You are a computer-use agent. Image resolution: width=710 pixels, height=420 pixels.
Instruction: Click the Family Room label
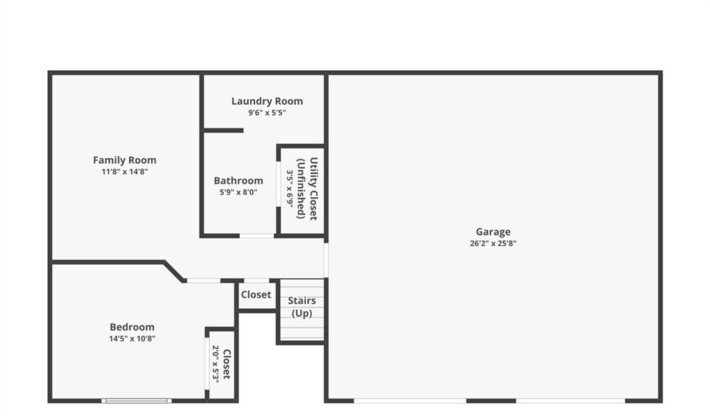(x=125, y=160)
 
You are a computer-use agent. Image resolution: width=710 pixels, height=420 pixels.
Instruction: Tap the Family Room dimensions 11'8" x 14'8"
(x=125, y=172)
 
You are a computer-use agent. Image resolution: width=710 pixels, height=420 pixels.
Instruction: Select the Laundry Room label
(x=267, y=101)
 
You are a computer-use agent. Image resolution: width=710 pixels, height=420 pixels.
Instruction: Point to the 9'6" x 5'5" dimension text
(x=267, y=113)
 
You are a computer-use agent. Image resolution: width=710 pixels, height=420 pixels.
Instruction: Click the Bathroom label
(x=239, y=180)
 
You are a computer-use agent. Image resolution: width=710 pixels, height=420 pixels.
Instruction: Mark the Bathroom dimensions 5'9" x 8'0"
(x=239, y=192)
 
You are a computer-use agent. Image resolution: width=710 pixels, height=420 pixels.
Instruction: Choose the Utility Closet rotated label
(x=313, y=189)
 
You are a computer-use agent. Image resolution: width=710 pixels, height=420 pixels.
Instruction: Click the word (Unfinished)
(x=301, y=189)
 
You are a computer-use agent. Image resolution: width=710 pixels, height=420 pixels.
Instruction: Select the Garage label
(x=493, y=232)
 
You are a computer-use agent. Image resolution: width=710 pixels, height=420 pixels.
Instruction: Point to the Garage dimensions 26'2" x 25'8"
(x=493, y=243)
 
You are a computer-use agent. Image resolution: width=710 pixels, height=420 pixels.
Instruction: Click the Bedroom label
(x=132, y=327)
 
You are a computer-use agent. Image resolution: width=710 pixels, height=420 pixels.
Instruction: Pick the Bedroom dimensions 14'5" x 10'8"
(x=132, y=339)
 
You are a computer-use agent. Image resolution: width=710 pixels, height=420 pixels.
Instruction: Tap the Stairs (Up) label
(x=302, y=307)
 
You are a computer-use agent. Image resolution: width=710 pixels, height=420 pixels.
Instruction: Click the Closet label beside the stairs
(x=256, y=295)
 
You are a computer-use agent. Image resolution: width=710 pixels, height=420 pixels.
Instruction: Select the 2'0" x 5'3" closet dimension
(x=216, y=364)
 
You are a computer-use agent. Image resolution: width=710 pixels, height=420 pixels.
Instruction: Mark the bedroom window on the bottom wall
(x=137, y=401)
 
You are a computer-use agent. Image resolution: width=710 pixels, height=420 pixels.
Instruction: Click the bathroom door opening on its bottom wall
(x=257, y=236)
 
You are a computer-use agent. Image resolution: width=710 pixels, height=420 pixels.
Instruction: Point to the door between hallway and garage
(x=326, y=260)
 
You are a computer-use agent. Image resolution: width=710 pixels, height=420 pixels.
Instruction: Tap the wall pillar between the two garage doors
(x=492, y=401)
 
